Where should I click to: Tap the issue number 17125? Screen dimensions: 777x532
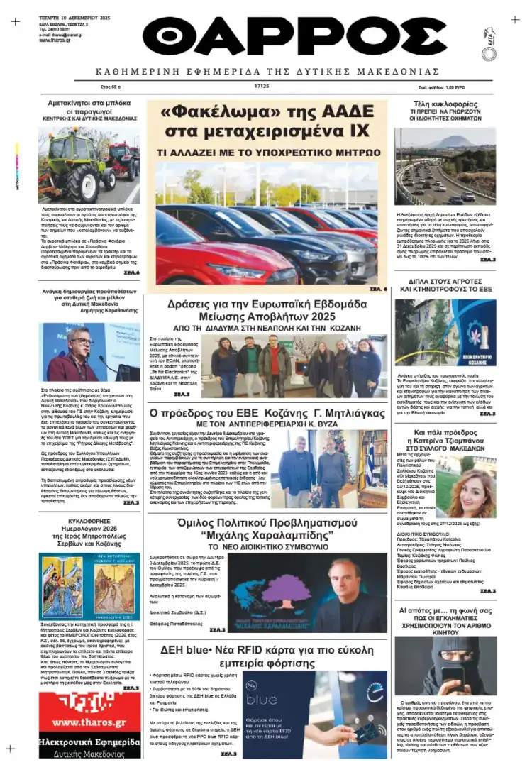point(262,87)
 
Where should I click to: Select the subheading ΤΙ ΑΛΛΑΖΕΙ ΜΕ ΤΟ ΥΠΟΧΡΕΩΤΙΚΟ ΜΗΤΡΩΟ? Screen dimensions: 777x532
point(267,152)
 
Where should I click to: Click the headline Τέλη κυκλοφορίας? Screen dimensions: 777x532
point(445,104)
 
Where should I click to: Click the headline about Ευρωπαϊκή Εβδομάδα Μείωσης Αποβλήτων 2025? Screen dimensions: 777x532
point(267,309)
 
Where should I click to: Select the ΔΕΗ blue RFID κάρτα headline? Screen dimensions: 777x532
point(267,654)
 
